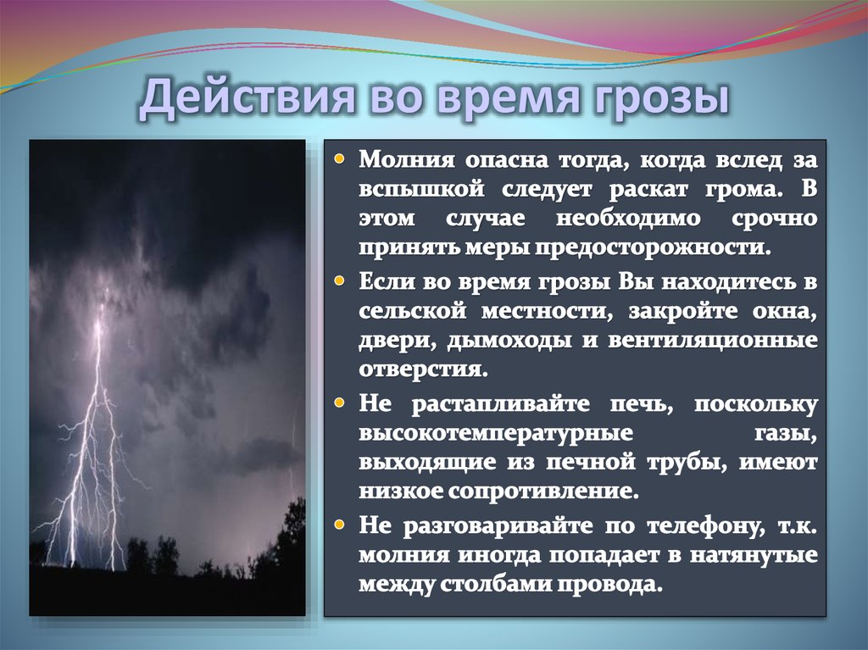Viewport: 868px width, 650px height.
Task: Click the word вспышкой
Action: tap(412, 189)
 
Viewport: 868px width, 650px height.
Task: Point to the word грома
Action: tap(743, 189)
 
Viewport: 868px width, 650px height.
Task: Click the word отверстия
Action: tap(423, 369)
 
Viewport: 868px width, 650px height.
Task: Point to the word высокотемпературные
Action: tap(496, 432)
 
